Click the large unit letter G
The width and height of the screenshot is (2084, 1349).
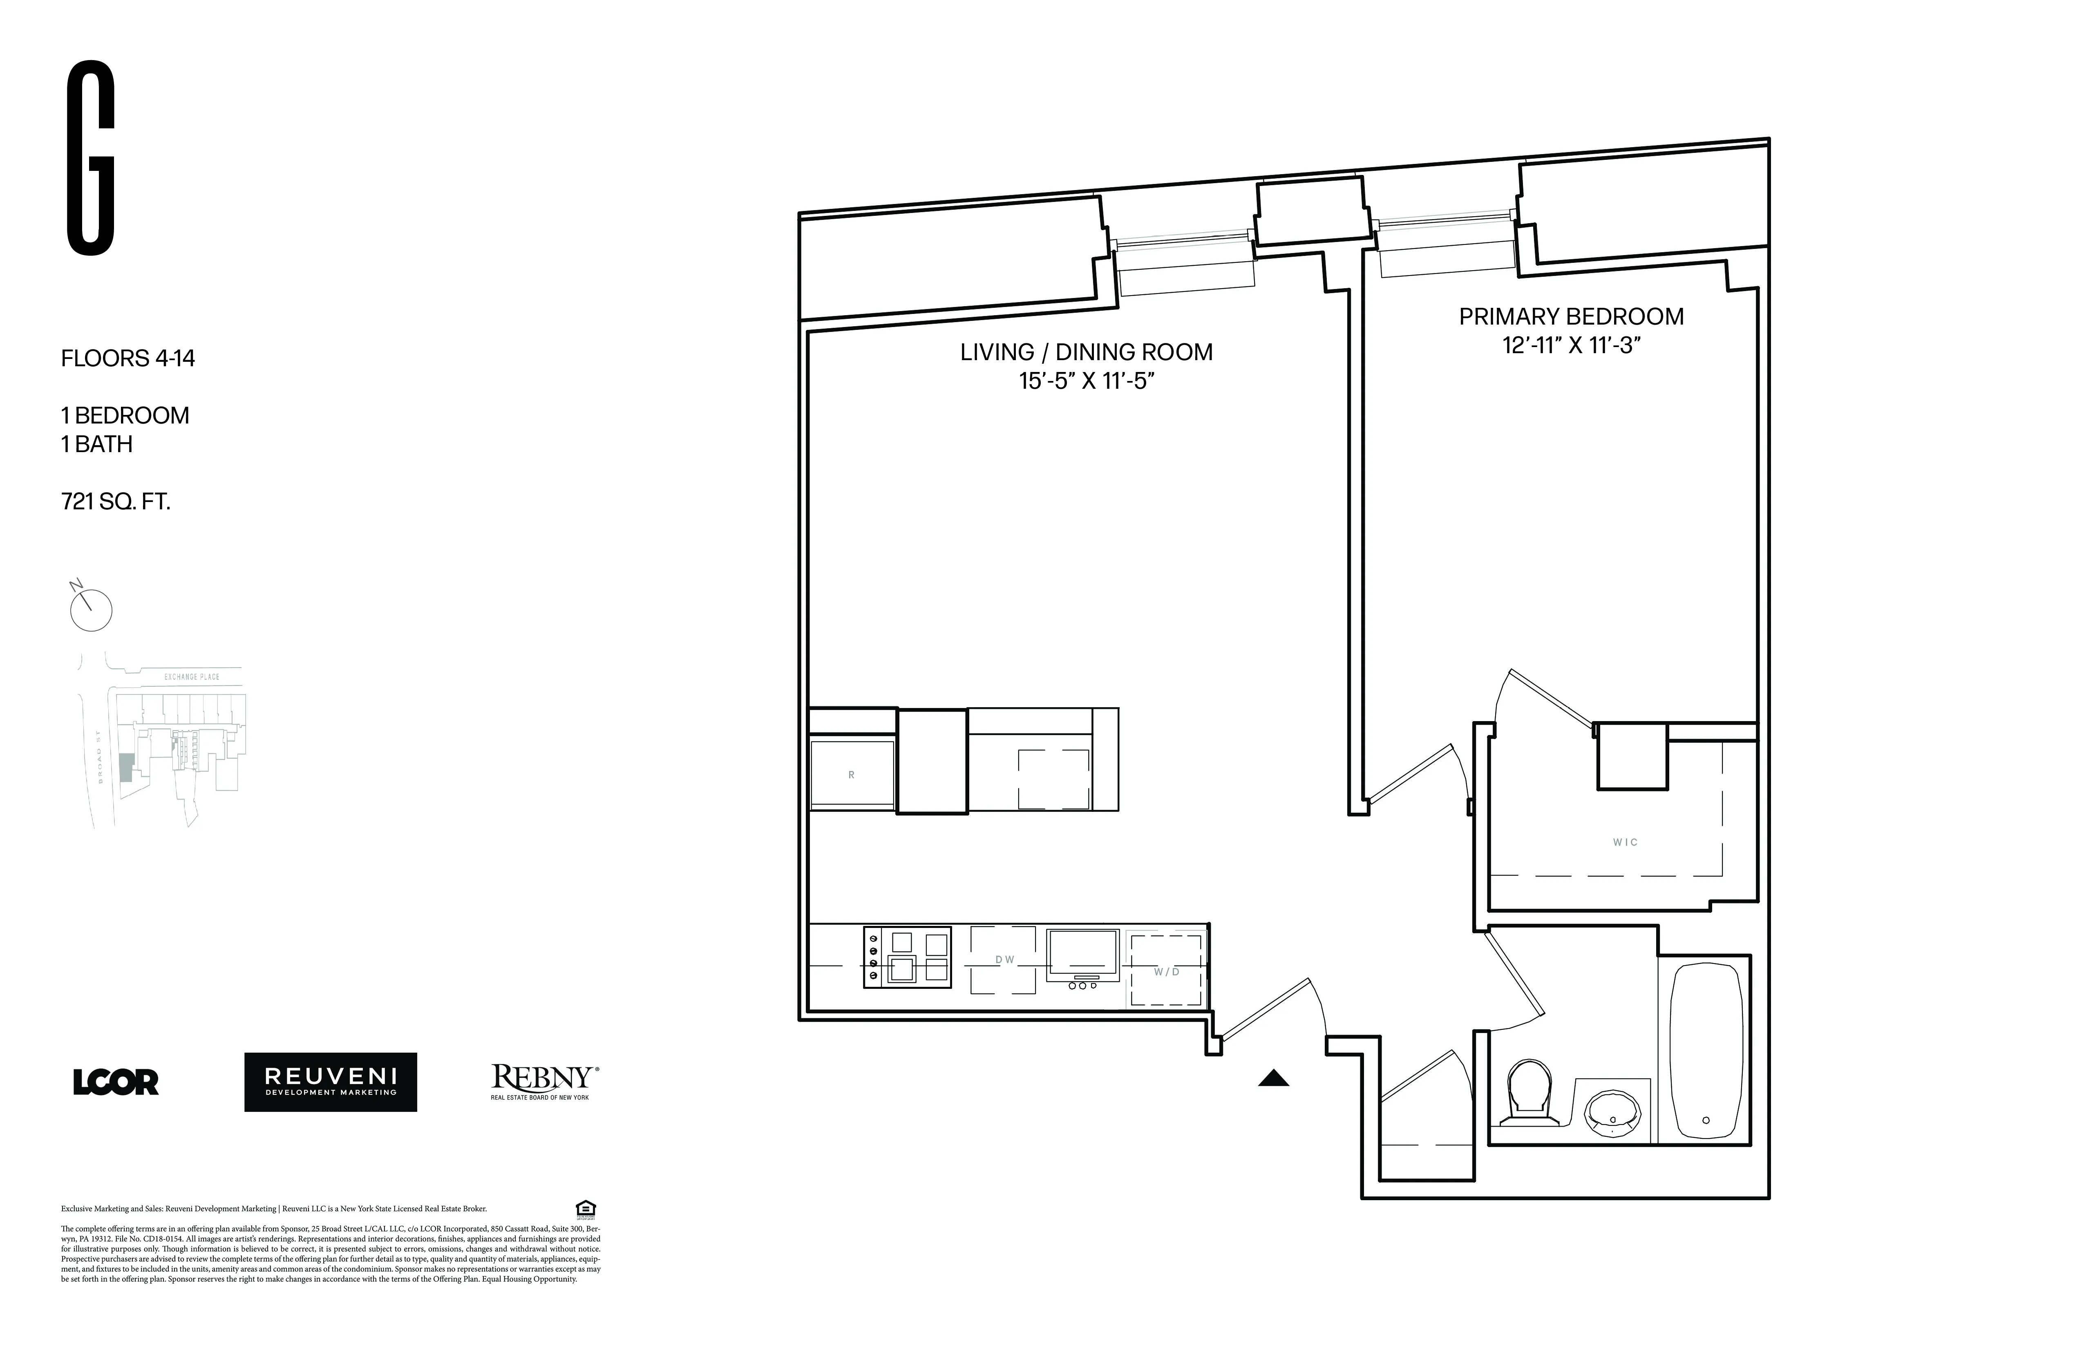pos(91,159)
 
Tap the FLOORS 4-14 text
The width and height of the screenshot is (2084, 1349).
pos(128,358)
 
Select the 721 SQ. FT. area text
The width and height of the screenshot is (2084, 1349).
pos(116,502)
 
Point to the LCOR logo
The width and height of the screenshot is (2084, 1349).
pos(116,1082)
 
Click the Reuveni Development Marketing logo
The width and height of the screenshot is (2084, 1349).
pos(330,1082)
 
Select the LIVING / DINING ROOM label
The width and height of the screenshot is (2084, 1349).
pos(1086,352)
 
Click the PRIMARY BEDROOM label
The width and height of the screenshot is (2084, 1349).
pos(1571,316)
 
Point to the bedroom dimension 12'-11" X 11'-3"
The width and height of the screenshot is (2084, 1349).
pos(1571,345)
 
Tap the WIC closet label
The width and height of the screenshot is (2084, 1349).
pos(1625,843)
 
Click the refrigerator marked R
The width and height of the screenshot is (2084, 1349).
pos(851,774)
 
